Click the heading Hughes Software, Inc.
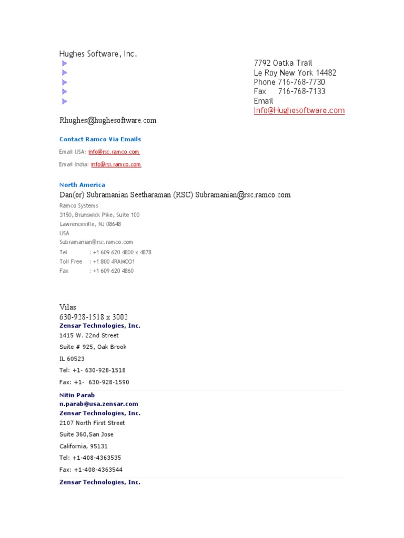point(98,54)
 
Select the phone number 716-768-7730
point(301,82)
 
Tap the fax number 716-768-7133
point(301,91)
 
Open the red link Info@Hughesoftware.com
point(299,110)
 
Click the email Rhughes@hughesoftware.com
point(108,120)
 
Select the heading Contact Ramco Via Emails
point(100,139)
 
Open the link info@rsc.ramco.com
point(114,152)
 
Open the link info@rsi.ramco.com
point(116,164)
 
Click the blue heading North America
point(82,185)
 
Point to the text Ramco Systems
point(78,205)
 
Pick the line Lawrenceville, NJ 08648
point(90,224)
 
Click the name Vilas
point(68,307)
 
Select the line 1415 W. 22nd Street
point(89,335)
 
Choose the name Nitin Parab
point(77,395)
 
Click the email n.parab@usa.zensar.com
point(99,404)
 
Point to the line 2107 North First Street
point(92,423)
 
